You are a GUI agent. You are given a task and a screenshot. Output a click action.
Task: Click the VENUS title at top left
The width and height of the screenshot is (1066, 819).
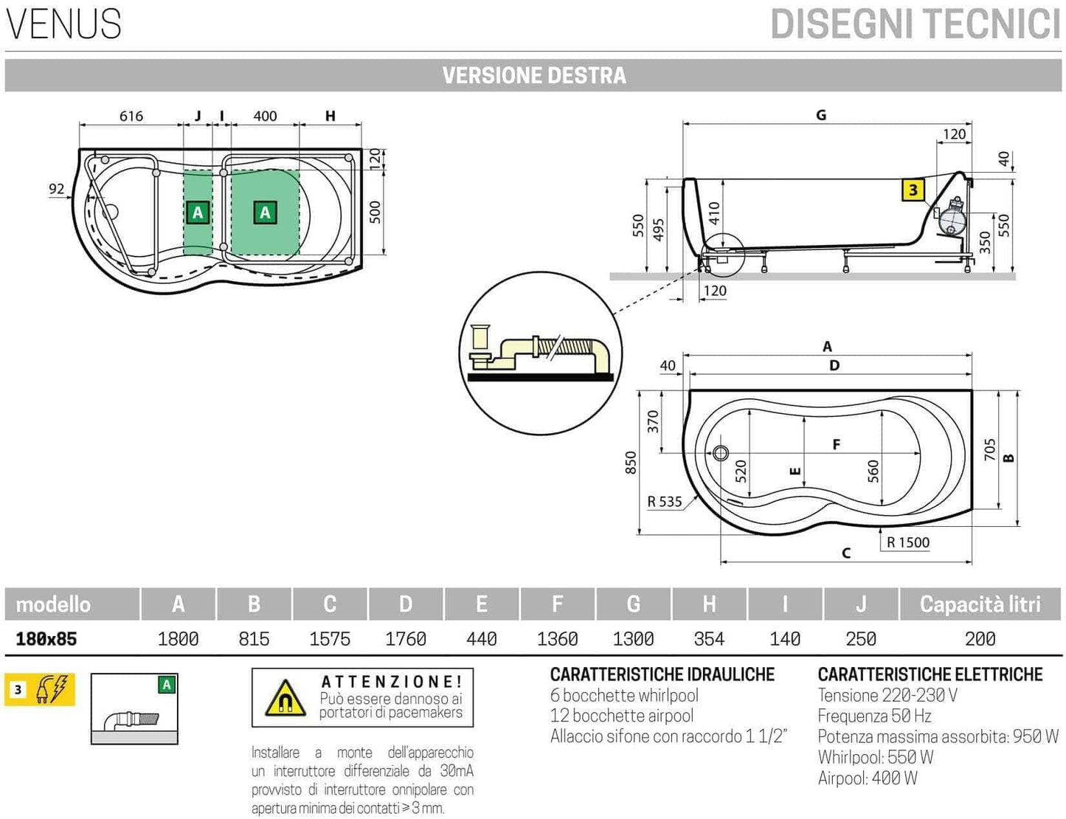coord(63,24)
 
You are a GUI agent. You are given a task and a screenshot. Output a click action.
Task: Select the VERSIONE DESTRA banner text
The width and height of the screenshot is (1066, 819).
coord(534,75)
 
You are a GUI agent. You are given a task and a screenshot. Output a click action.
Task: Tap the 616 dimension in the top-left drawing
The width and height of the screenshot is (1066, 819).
coord(131,116)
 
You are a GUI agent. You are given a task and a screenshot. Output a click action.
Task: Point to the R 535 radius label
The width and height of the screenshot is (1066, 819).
coord(665,502)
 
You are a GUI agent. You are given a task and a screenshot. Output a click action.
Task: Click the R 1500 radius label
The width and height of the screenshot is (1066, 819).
coord(908,542)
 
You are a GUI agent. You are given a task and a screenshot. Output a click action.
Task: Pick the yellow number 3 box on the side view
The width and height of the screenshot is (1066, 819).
coord(913,190)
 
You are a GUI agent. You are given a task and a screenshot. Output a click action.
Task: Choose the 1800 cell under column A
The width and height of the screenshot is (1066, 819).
coord(178,639)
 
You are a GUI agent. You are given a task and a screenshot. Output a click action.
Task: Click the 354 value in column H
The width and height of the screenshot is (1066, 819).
coord(709,639)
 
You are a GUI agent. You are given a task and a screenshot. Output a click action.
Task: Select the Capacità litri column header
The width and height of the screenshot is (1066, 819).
coord(980,604)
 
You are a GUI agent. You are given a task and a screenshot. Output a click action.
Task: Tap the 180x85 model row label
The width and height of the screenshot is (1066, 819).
coord(46,639)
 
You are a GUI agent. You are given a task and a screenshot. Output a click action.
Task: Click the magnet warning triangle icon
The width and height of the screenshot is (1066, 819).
coord(285,698)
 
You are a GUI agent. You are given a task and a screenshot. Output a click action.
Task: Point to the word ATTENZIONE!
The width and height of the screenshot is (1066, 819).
coord(392,682)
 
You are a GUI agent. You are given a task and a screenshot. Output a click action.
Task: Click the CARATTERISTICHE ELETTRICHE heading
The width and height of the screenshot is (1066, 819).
coord(930,674)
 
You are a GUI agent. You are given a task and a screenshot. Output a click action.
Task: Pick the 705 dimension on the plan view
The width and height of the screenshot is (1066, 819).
coord(990,449)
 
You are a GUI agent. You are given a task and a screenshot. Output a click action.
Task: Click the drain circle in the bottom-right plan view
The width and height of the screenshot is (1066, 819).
coord(721,453)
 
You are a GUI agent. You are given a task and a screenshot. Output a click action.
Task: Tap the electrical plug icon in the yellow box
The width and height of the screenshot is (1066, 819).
coord(52,690)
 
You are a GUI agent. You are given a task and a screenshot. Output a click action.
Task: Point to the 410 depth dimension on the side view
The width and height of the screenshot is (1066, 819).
coord(714,214)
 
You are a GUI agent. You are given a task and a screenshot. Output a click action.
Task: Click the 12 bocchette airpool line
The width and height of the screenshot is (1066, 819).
coord(622,716)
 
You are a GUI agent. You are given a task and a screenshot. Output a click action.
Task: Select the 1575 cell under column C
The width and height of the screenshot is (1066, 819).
coord(330,639)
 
